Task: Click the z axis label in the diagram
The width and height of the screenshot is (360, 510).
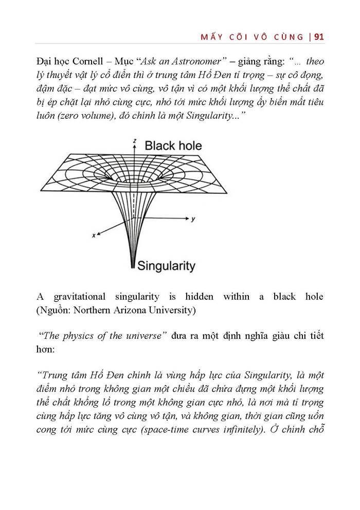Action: [x=134, y=140]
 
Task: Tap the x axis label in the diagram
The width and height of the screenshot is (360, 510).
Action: [x=94, y=235]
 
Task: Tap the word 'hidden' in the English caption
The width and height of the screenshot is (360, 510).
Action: [x=201, y=297]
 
